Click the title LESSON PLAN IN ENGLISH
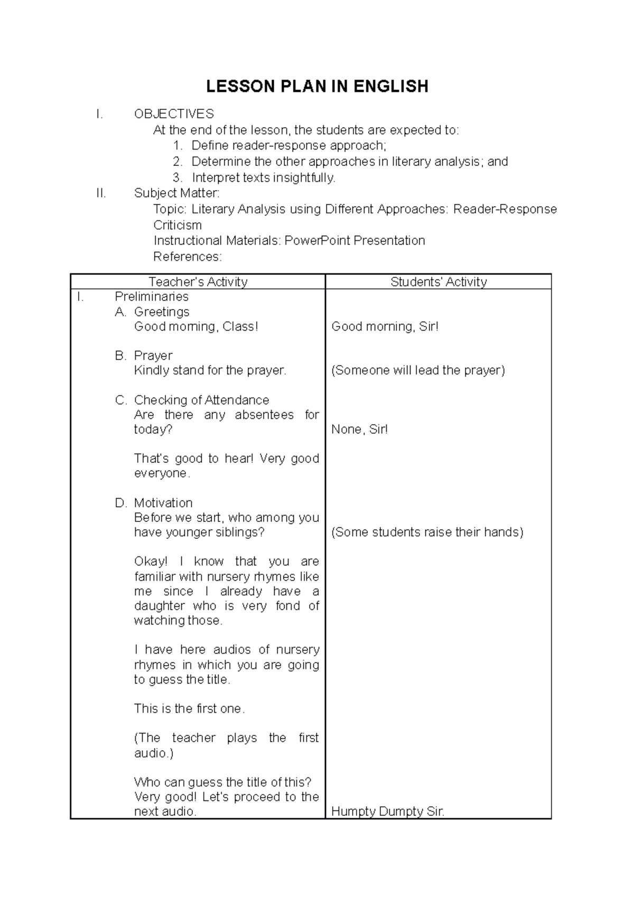[317, 86]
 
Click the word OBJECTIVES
[174, 114]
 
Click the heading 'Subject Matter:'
[176, 193]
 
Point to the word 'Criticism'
[178, 225]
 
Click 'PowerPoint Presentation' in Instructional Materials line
[355, 241]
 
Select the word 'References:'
[188, 257]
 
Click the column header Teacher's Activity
[198, 282]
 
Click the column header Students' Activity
[439, 282]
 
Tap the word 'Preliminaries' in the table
[152, 297]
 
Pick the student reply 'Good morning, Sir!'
[385, 326]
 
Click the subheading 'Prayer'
[153, 356]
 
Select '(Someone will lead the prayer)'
[418, 370]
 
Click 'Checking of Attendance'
[201, 400]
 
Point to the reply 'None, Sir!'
[359, 429]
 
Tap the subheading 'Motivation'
[163, 503]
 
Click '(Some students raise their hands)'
[427, 532]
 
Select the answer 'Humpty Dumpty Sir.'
[388, 812]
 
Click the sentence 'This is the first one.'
[189, 709]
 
